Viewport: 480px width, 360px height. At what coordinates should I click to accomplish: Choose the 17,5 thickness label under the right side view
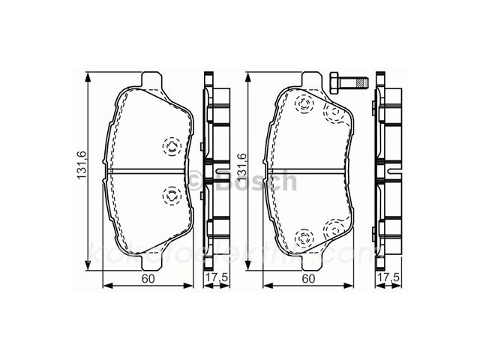[386, 279]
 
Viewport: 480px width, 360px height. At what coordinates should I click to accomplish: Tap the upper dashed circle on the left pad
[170, 146]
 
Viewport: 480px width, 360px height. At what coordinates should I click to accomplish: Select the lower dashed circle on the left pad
[170, 197]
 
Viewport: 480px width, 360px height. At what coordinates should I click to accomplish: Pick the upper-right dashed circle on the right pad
[331, 112]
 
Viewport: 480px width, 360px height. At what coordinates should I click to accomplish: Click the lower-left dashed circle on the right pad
[304, 238]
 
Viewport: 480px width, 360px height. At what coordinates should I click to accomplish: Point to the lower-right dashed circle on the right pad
[331, 230]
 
